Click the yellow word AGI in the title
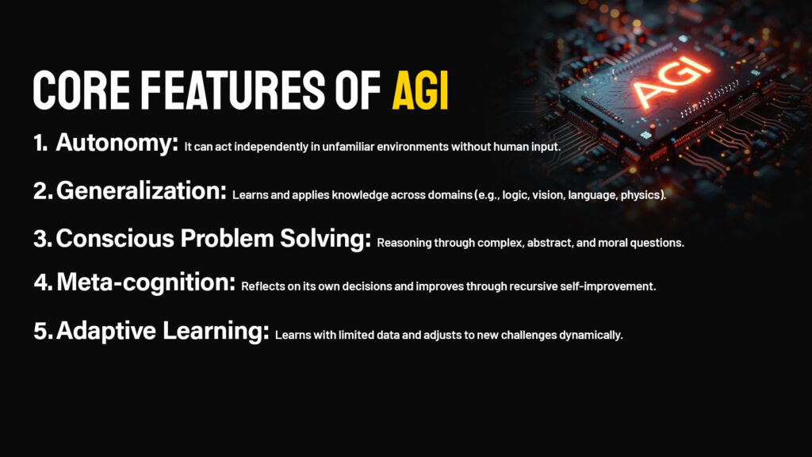pos(420,90)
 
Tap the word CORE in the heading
pos(82,90)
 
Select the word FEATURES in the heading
pos(232,90)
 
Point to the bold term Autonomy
pos(117,143)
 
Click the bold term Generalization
pos(141,190)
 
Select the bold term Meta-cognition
pos(146,282)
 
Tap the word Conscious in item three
pos(115,238)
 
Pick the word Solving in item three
pos(326,239)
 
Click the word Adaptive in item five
pos(106,331)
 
